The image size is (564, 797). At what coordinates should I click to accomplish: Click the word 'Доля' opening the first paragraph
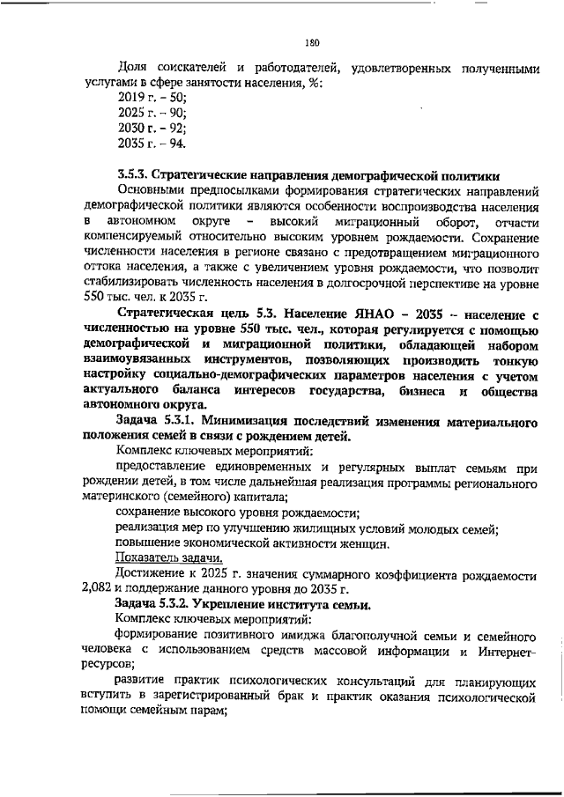[132, 68]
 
